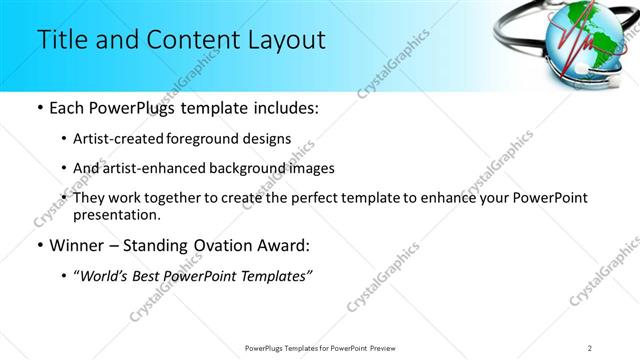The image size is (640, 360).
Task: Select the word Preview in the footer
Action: click(x=391, y=347)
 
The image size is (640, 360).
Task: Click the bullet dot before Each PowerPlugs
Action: click(x=39, y=108)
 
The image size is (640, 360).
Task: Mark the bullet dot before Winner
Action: click(x=39, y=245)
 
